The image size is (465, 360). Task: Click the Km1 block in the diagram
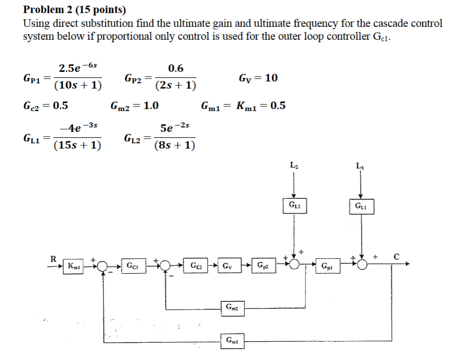pos(73,266)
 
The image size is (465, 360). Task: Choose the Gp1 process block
pos(327,266)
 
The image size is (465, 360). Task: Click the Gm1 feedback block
pos(232,340)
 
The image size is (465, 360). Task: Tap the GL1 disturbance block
pos(361,206)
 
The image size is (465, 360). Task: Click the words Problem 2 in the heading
pos(47,9)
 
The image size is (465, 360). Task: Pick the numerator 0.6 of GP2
pos(175,68)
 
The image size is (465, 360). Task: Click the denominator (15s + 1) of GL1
pos(77,145)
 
